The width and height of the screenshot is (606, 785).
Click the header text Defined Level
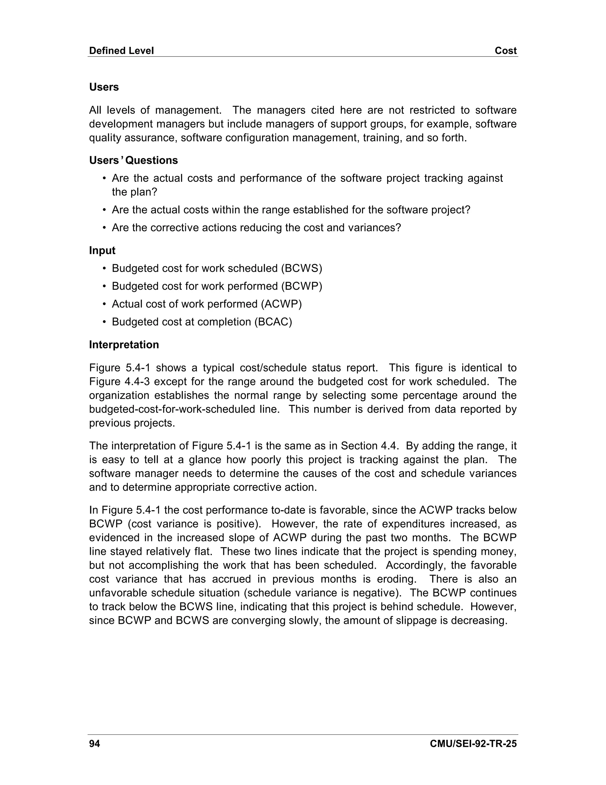(121, 51)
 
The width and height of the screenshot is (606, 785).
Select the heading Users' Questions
(133, 160)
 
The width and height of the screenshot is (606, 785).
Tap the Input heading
(102, 251)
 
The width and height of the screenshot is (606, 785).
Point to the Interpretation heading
(124, 345)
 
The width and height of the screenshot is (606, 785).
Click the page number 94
(94, 744)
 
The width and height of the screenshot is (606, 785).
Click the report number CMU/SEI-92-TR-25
(473, 744)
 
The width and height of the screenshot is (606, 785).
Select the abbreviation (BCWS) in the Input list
(302, 268)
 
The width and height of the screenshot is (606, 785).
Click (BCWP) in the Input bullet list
(302, 286)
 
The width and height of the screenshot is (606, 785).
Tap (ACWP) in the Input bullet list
(281, 304)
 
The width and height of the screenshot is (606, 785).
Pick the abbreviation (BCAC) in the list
(273, 322)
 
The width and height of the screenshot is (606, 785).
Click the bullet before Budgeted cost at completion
(104, 322)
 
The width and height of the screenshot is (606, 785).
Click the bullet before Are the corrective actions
(104, 228)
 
